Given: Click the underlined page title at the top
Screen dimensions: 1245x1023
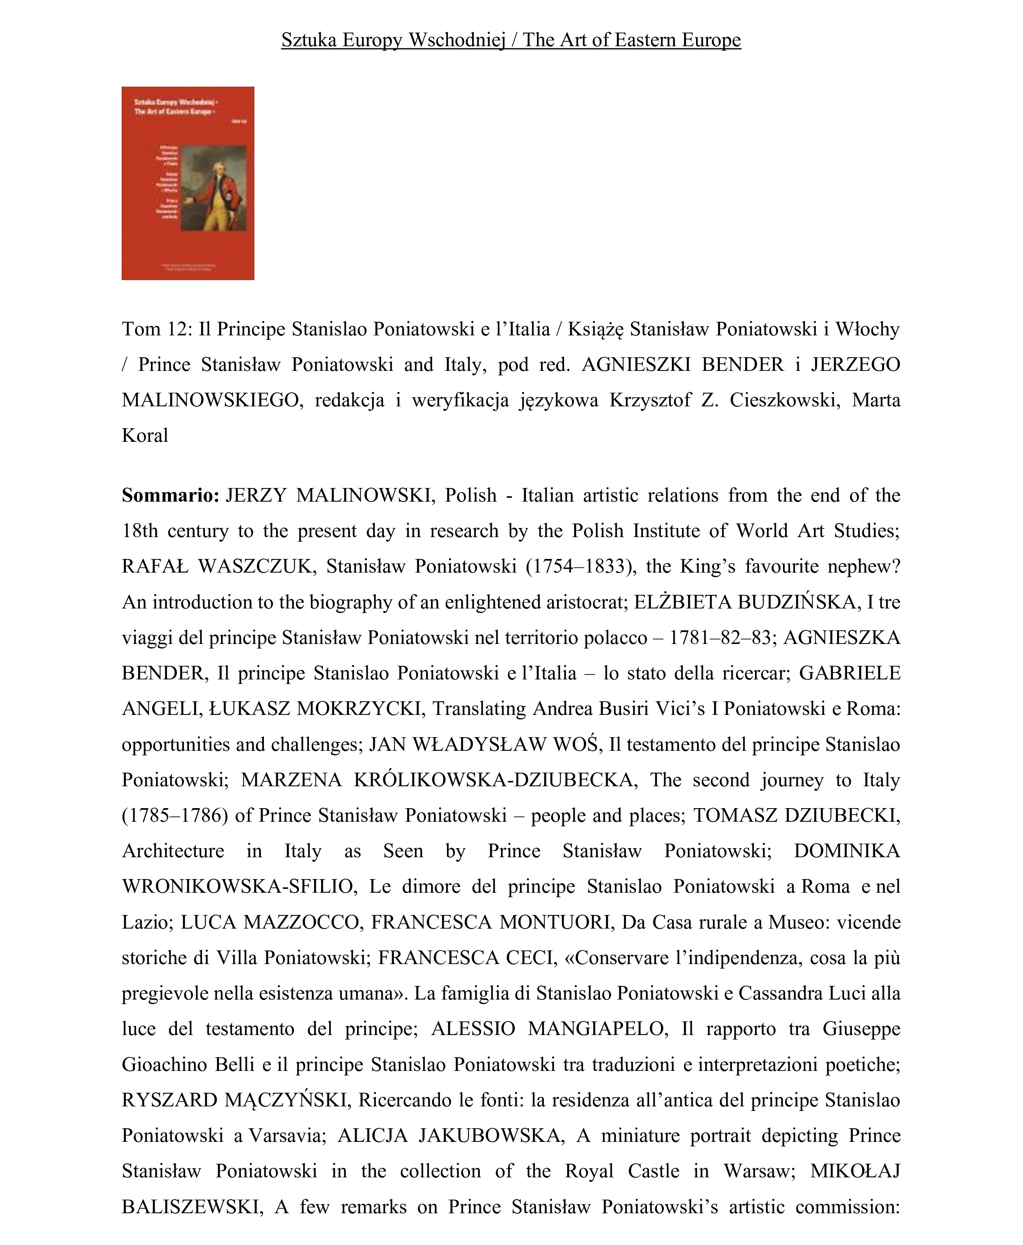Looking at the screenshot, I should [x=511, y=40].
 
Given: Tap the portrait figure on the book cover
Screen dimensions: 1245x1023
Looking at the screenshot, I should [x=213, y=187].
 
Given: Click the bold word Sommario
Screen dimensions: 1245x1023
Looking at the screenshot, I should [x=170, y=495].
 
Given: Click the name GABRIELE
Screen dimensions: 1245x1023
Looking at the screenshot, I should [x=849, y=672].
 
